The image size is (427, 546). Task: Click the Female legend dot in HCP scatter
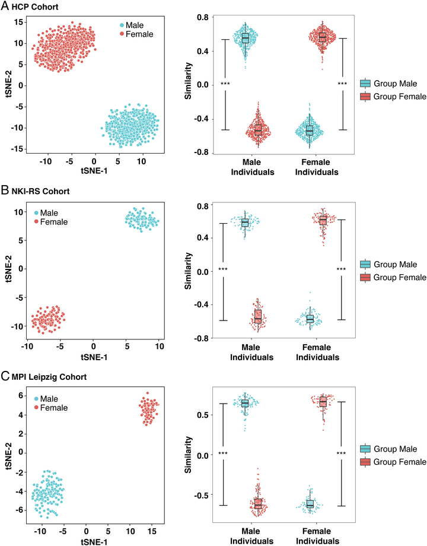pyautogui.click(x=122, y=34)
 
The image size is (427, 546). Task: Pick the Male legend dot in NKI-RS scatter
pyautogui.click(x=37, y=212)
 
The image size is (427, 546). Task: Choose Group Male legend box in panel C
pyautogui.click(x=365, y=449)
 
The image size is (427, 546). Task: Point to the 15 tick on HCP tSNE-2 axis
pyautogui.click(x=18, y=22)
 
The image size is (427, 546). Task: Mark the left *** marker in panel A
pyautogui.click(x=225, y=84)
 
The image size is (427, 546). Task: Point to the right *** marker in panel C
pyautogui.click(x=341, y=454)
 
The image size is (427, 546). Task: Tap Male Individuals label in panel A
pyautogui.click(x=258, y=167)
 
